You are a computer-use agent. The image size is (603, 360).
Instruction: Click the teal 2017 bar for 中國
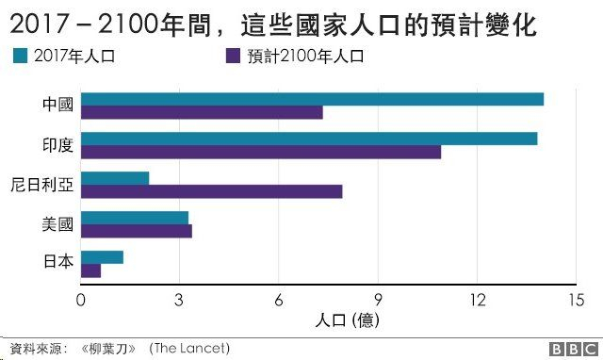coord(312,99)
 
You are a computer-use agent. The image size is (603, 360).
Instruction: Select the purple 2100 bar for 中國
coord(202,113)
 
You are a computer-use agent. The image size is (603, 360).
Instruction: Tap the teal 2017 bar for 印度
coord(309,139)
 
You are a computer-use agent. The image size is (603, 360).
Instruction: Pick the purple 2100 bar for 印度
coord(261,152)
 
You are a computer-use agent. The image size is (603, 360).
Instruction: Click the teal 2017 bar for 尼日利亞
coord(115,178)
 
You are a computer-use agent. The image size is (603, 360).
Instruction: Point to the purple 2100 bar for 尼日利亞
coord(211,192)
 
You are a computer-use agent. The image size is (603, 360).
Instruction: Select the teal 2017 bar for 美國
coord(135,217)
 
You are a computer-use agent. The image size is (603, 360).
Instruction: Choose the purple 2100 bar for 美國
coord(137,231)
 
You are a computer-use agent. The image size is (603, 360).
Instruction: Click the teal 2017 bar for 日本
coord(102,256)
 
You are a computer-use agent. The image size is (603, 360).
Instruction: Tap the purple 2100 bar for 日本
coord(90,270)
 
